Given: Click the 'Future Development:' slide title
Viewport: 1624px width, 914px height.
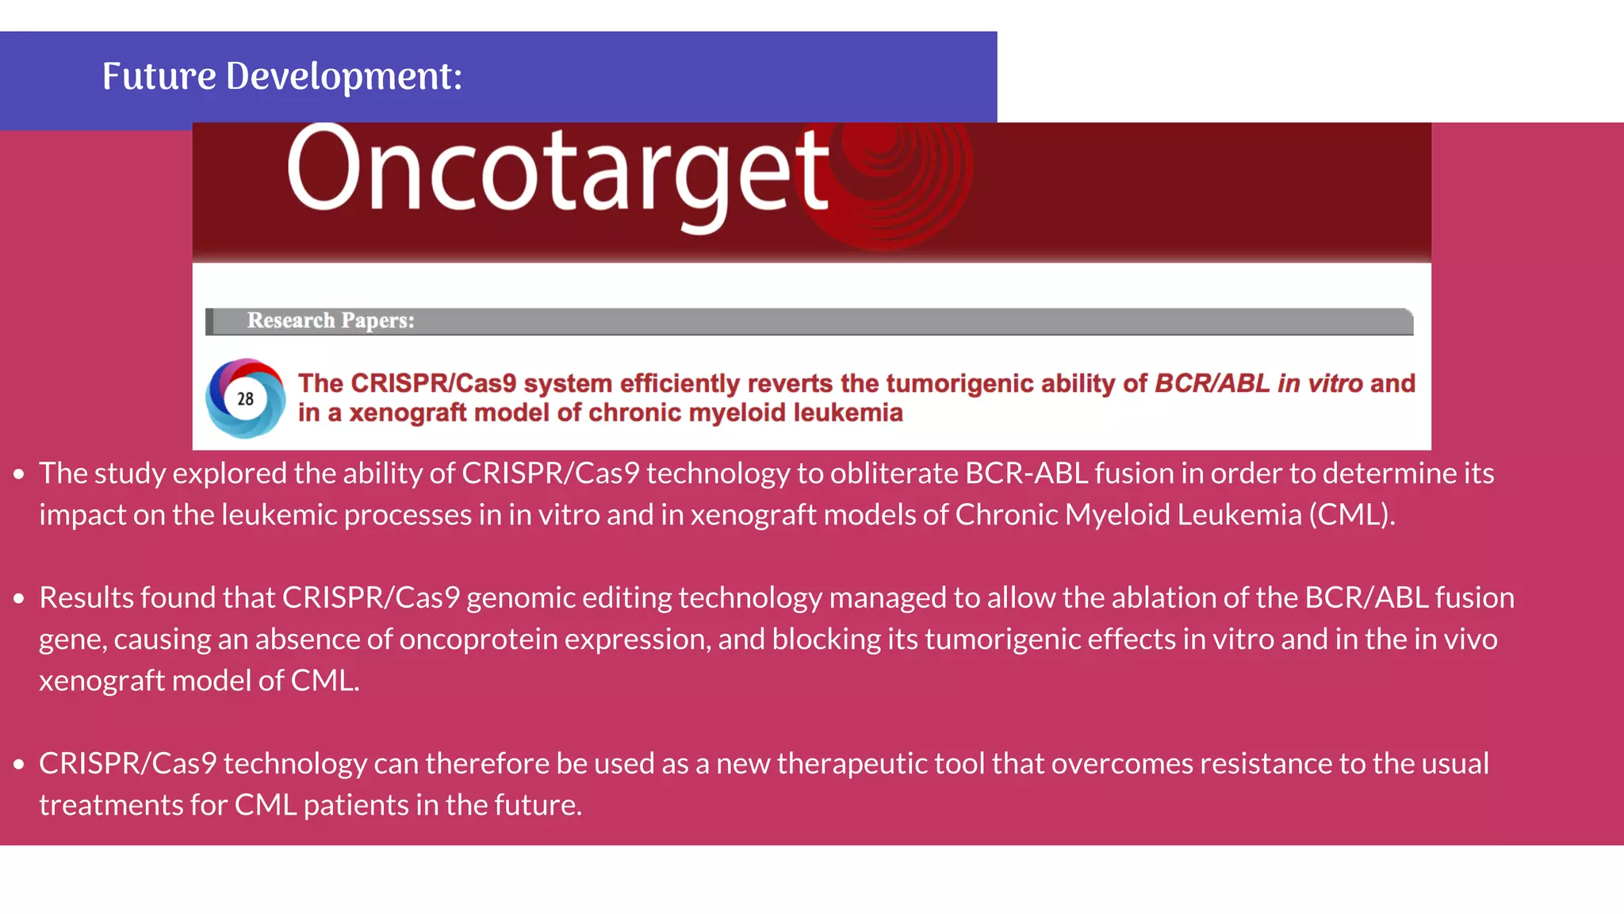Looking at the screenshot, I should (x=282, y=77).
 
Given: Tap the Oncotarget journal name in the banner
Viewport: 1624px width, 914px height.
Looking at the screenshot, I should (x=557, y=174).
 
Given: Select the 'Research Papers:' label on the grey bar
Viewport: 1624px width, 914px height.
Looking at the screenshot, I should (x=330, y=321).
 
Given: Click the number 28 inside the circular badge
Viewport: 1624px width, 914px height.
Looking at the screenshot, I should (x=245, y=399).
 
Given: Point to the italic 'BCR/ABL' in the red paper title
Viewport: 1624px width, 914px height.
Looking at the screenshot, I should (x=1212, y=383).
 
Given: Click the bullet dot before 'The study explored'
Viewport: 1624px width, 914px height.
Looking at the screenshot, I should (x=19, y=475).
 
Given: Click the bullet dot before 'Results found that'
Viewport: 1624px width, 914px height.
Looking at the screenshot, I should (x=19, y=599).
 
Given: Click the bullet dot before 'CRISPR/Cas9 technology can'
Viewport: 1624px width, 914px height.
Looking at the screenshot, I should (x=19, y=765).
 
